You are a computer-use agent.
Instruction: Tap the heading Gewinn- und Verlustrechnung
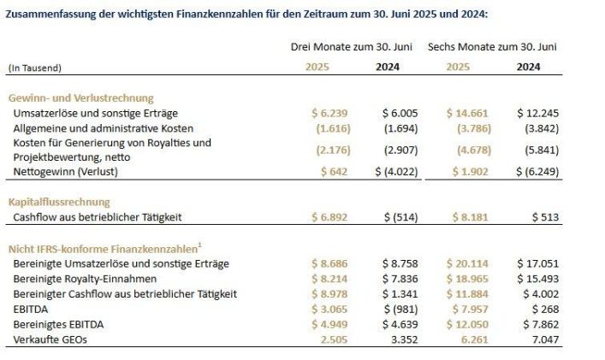(x=80, y=98)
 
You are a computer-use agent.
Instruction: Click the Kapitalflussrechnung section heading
(x=59, y=203)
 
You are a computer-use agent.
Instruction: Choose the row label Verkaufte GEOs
(x=49, y=340)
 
